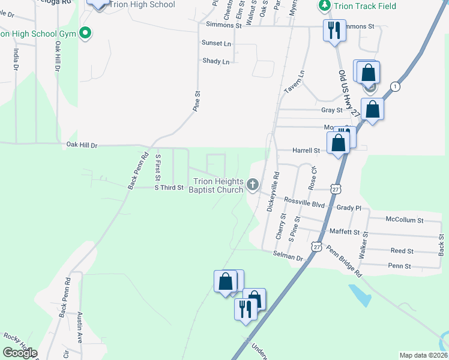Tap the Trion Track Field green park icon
(x=324, y=5)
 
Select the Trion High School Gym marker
(x=85, y=33)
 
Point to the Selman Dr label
(x=288, y=257)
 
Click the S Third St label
(x=169, y=188)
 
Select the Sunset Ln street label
(x=216, y=44)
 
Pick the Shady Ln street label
(x=216, y=61)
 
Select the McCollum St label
(x=405, y=220)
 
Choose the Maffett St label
(x=344, y=232)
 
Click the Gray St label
(x=331, y=110)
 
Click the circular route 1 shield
(x=394, y=86)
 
